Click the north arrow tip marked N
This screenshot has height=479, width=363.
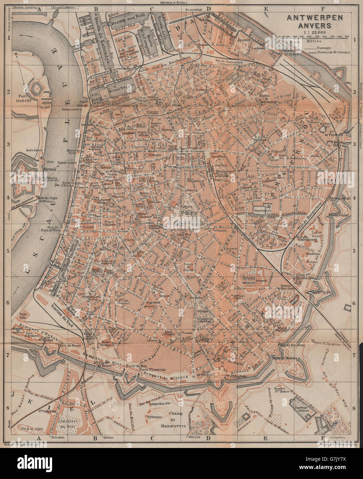click(16, 54)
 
